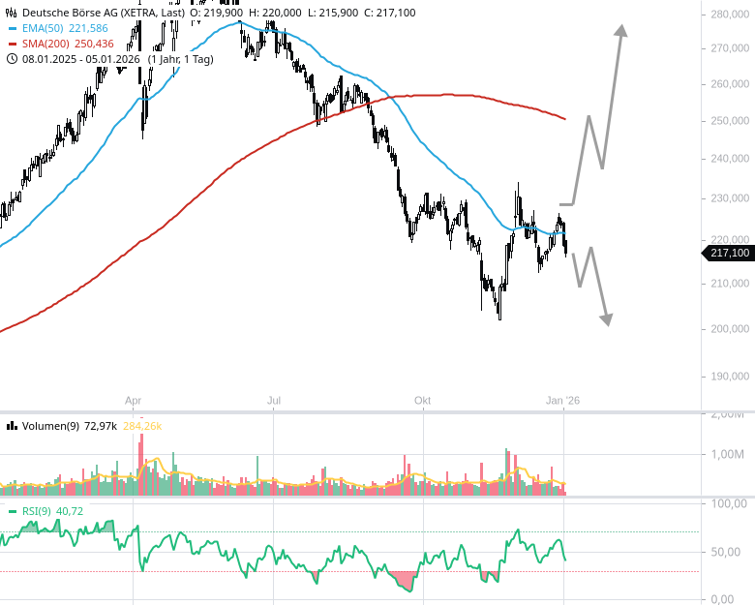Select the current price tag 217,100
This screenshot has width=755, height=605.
click(x=729, y=254)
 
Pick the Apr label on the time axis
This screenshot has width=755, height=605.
click(x=134, y=400)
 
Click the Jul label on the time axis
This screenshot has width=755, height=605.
click(x=275, y=400)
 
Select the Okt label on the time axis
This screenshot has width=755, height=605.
click(x=422, y=400)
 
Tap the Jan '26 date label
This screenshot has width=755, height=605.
click(x=564, y=400)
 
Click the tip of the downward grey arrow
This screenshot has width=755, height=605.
click(x=607, y=323)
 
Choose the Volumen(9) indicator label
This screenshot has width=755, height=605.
click(x=48, y=426)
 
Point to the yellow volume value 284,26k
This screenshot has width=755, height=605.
click(x=142, y=426)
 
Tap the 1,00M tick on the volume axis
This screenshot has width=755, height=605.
click(x=728, y=454)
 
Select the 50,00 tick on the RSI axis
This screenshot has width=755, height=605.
click(x=727, y=552)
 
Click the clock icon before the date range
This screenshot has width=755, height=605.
click(x=12, y=58)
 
